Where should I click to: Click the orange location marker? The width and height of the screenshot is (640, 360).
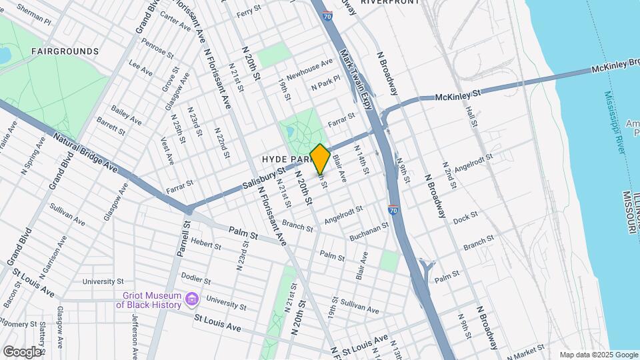[x=320, y=159]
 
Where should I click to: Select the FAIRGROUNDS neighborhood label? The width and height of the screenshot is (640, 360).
[x=65, y=51]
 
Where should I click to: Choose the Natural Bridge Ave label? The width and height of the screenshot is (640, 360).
[x=86, y=154]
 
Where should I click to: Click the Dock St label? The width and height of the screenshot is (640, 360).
[x=465, y=217]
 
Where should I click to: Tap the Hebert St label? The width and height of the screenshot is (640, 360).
[x=205, y=244]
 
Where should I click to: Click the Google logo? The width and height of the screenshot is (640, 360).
[x=22, y=351]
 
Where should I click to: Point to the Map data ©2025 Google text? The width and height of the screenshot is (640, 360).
[x=598, y=355]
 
